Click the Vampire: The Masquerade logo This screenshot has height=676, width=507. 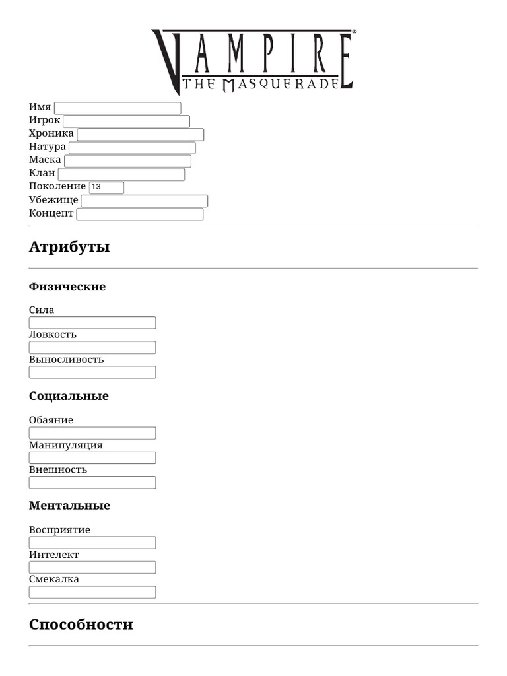point(253,61)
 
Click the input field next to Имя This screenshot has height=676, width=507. point(118,108)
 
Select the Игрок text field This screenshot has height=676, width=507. point(126,121)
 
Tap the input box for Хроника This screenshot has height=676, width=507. point(141,135)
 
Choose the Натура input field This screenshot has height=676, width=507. point(132,148)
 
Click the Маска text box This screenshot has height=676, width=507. point(127,161)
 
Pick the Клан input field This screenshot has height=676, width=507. point(121,174)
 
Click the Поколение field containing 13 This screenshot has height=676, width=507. point(106,187)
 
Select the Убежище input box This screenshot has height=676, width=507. point(144,201)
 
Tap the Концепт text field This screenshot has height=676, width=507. point(140,214)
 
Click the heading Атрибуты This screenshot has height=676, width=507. point(69,247)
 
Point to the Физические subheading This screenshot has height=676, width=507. point(67,287)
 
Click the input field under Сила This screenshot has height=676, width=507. point(92,323)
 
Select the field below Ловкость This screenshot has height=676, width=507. point(92,347)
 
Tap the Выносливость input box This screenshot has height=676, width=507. point(92,372)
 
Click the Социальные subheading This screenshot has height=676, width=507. point(69,396)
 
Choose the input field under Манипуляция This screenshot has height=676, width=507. point(92,457)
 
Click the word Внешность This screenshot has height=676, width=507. point(58,470)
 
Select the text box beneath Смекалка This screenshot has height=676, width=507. point(92,592)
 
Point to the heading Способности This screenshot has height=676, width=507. point(81,625)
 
